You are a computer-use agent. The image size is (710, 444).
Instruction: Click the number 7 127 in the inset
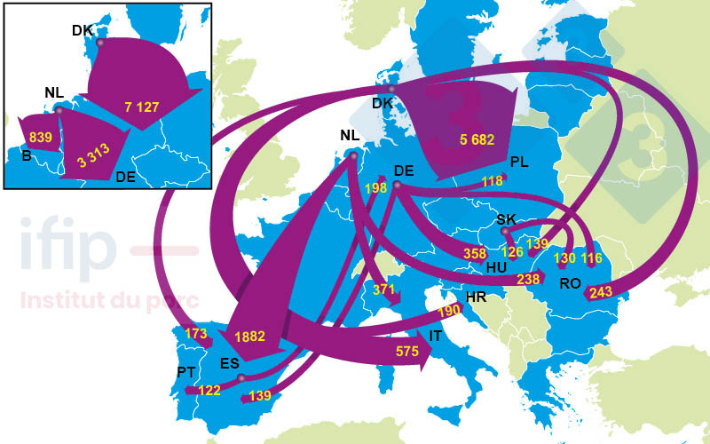click(x=142, y=107)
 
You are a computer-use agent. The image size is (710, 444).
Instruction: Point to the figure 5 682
click(x=477, y=139)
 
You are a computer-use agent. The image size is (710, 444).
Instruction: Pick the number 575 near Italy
click(x=407, y=352)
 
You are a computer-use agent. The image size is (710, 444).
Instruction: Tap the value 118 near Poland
click(x=492, y=182)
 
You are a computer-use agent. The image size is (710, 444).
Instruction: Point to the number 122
click(x=209, y=390)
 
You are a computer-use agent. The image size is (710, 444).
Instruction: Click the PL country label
click(x=520, y=162)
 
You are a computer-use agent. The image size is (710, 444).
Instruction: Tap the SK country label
click(x=506, y=218)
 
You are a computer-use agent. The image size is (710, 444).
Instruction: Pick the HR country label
click(x=476, y=297)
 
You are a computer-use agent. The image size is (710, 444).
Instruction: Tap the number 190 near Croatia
click(x=449, y=312)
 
